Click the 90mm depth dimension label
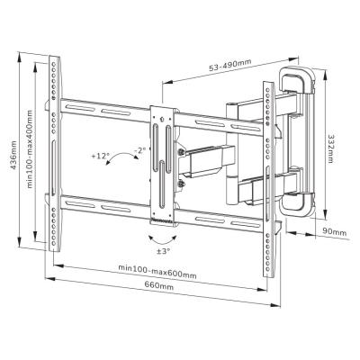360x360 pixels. pos(334,233)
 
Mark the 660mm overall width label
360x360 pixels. pos(160,287)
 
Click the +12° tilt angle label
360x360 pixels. pos(100,157)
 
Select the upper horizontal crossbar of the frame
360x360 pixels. pos(108,116)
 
